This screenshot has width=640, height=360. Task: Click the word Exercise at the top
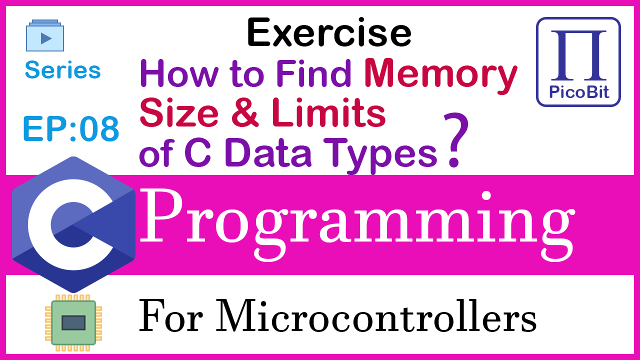329,32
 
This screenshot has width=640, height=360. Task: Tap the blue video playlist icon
45,35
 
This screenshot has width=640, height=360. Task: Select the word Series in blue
63,69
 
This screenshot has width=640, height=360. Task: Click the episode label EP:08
71,129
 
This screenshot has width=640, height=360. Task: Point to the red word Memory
441,75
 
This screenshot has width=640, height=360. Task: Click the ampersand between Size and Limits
245,112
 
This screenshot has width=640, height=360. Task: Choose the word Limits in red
329,112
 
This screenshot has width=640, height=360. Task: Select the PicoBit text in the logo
579,91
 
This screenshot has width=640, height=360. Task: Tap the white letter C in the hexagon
70,224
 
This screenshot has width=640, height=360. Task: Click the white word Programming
357,225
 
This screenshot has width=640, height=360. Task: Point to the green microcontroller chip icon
73,323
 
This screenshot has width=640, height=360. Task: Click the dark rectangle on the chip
73,323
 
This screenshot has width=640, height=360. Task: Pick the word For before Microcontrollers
171,315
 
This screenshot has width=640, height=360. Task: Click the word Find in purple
313,73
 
